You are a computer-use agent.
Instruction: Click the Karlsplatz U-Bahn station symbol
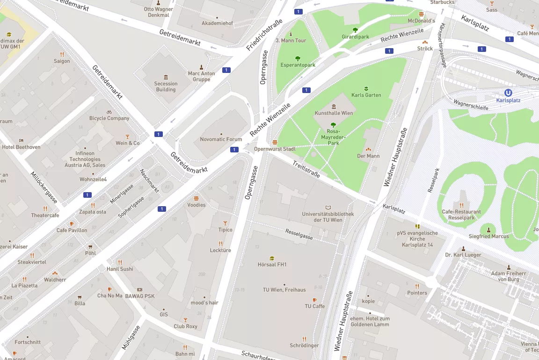coord(508,93)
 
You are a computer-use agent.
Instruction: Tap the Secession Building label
coord(166,86)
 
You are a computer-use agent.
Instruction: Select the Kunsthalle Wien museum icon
coord(334,107)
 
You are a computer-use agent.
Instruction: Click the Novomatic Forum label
coord(221,139)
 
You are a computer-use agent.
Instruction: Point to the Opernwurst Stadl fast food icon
coord(275,142)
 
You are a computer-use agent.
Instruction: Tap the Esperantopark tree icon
coord(298,58)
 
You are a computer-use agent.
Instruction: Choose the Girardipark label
coord(355,36)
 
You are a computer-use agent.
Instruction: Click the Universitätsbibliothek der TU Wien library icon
coord(328,207)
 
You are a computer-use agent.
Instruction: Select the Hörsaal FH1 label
coord(272,265)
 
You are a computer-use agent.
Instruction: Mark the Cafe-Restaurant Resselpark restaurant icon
coord(461,205)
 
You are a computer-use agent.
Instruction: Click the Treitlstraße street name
coord(306,169)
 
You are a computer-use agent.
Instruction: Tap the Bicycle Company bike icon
coord(109,112)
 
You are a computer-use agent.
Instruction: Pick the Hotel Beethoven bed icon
coord(21,140)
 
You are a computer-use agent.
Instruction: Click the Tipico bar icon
coord(225,223)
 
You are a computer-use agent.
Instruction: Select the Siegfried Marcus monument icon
coord(489,230)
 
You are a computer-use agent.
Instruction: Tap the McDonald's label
coord(421,21)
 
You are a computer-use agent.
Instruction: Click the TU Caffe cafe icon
coord(314,300)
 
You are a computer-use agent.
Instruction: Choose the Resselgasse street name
coord(299,234)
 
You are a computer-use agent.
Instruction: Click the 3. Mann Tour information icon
coord(291,34)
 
